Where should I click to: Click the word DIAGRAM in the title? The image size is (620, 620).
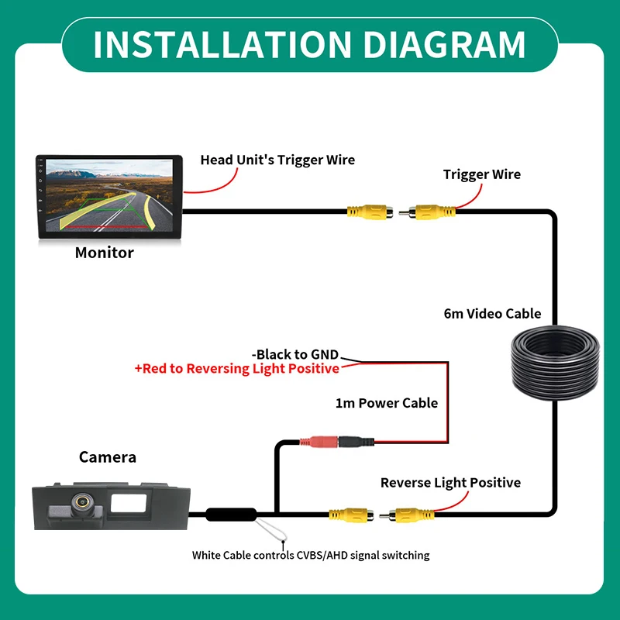coord(444,44)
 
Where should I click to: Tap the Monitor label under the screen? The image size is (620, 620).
coord(105,253)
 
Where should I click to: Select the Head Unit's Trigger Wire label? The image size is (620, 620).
coord(277,160)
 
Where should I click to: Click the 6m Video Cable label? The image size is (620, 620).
coord(492,314)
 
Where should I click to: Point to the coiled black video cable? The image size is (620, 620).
coord(556,362)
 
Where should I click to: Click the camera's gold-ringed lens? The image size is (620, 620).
coord(82,501)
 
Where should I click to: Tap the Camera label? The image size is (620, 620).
coord(108,457)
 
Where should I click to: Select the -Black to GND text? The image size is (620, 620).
coord(295,354)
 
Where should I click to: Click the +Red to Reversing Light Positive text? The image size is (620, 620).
coord(237,369)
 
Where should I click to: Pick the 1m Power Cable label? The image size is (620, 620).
coord(387,403)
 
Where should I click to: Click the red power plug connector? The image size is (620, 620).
coord(319,441)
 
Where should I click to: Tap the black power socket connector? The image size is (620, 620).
coord(356,441)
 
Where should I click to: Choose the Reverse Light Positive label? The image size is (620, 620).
coord(450,483)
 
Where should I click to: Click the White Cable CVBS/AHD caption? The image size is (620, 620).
coord(311,555)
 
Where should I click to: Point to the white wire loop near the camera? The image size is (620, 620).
coord(272,530)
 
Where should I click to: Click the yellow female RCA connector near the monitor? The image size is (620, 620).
coord(370,212)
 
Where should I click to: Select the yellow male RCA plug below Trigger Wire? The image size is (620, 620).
coord(427,212)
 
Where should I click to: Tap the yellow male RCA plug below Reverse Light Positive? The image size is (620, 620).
coord(407,515)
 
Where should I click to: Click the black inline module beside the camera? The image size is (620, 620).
coord(231,515)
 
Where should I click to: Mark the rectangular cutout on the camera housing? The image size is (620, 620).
coord(129,503)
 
